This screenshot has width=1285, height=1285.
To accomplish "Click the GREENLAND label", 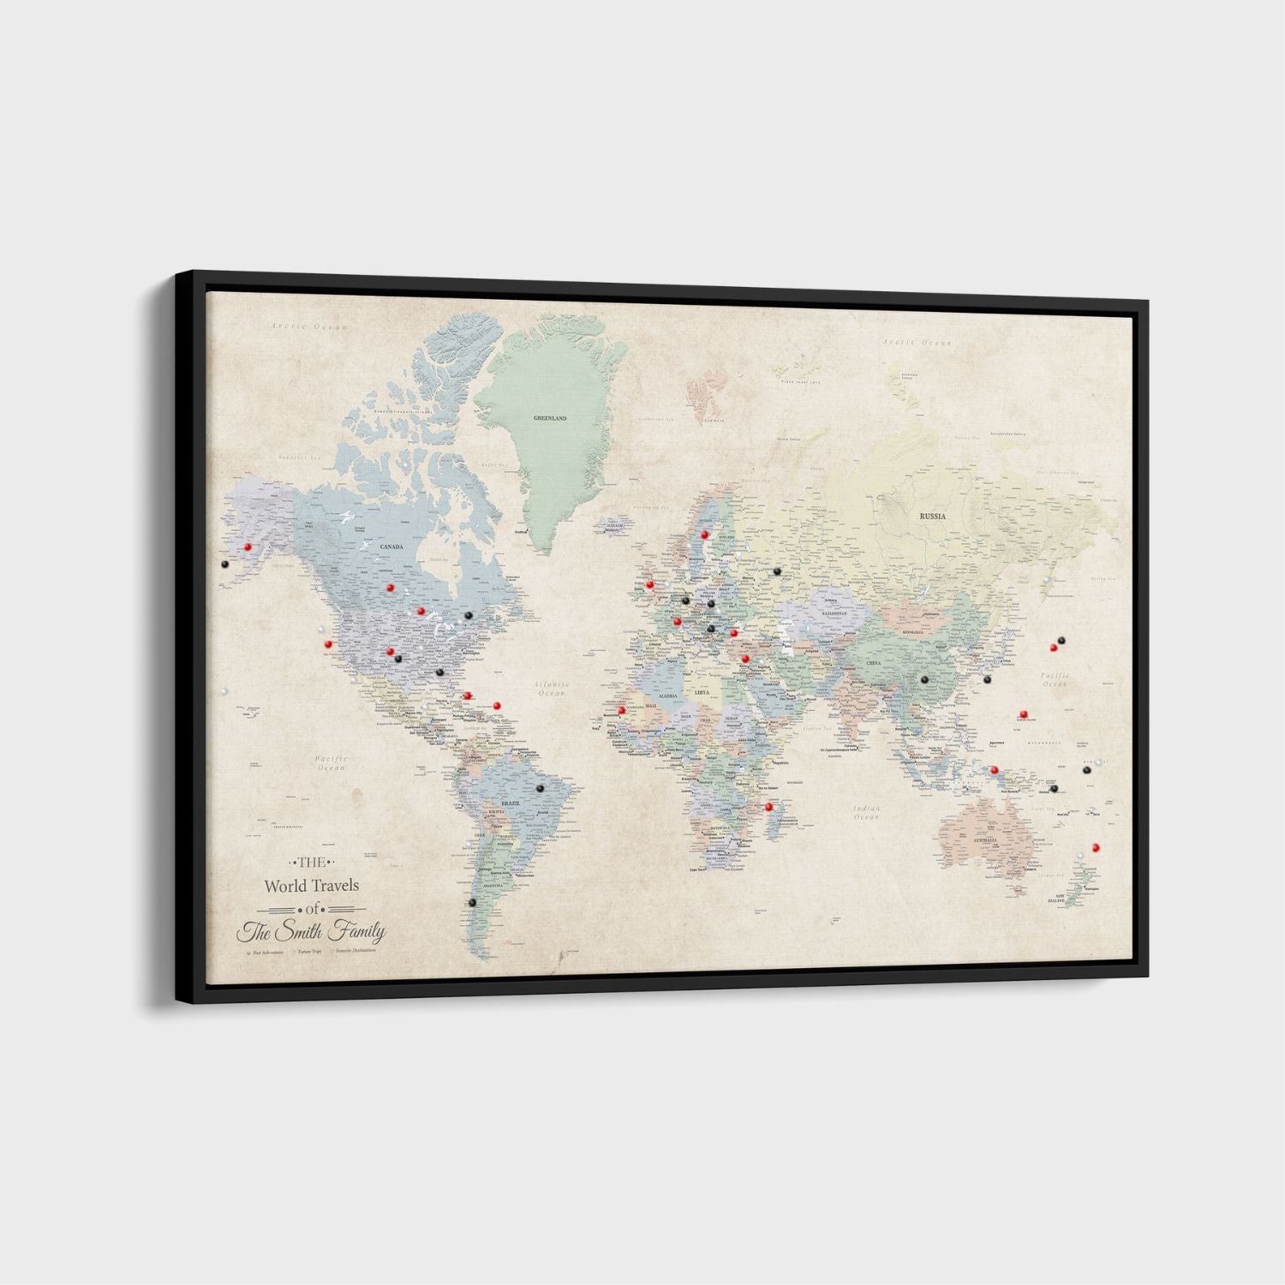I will tap(550, 419).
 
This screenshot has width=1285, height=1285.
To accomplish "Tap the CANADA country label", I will tap(391, 546).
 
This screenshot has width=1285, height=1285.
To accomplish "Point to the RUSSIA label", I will tap(932, 517).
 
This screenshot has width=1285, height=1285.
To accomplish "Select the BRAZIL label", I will tap(511, 804).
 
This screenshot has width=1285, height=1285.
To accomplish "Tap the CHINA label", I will tap(873, 663).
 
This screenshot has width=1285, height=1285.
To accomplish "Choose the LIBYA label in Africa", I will tap(702, 691).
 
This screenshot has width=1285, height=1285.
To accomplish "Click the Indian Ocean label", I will tap(867, 812).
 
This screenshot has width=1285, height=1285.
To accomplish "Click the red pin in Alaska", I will tap(247, 546).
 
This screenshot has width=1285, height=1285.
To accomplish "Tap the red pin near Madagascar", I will tap(768, 806).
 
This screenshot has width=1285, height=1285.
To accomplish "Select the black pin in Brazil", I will tap(540, 787).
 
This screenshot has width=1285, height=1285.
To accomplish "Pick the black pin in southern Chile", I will tap(470, 902).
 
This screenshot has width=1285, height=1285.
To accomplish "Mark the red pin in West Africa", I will tap(621, 710).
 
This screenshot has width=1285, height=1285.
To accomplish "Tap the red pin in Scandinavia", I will tap(704, 535).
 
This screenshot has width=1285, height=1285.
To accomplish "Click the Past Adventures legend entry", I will tap(266, 951).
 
